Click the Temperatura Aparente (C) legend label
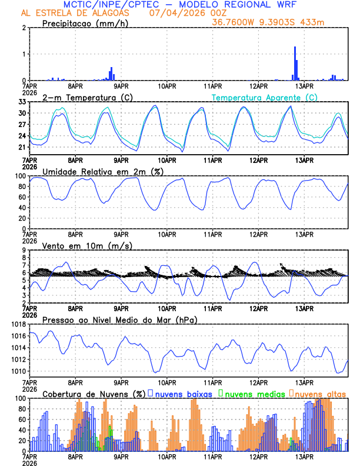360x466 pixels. point(264,97)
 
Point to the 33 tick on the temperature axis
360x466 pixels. point(22,102)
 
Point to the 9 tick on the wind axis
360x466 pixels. point(24,250)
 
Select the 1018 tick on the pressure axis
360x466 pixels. point(18,324)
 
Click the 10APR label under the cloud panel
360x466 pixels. point(167,456)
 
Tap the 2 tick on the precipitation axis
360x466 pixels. point(24,28)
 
